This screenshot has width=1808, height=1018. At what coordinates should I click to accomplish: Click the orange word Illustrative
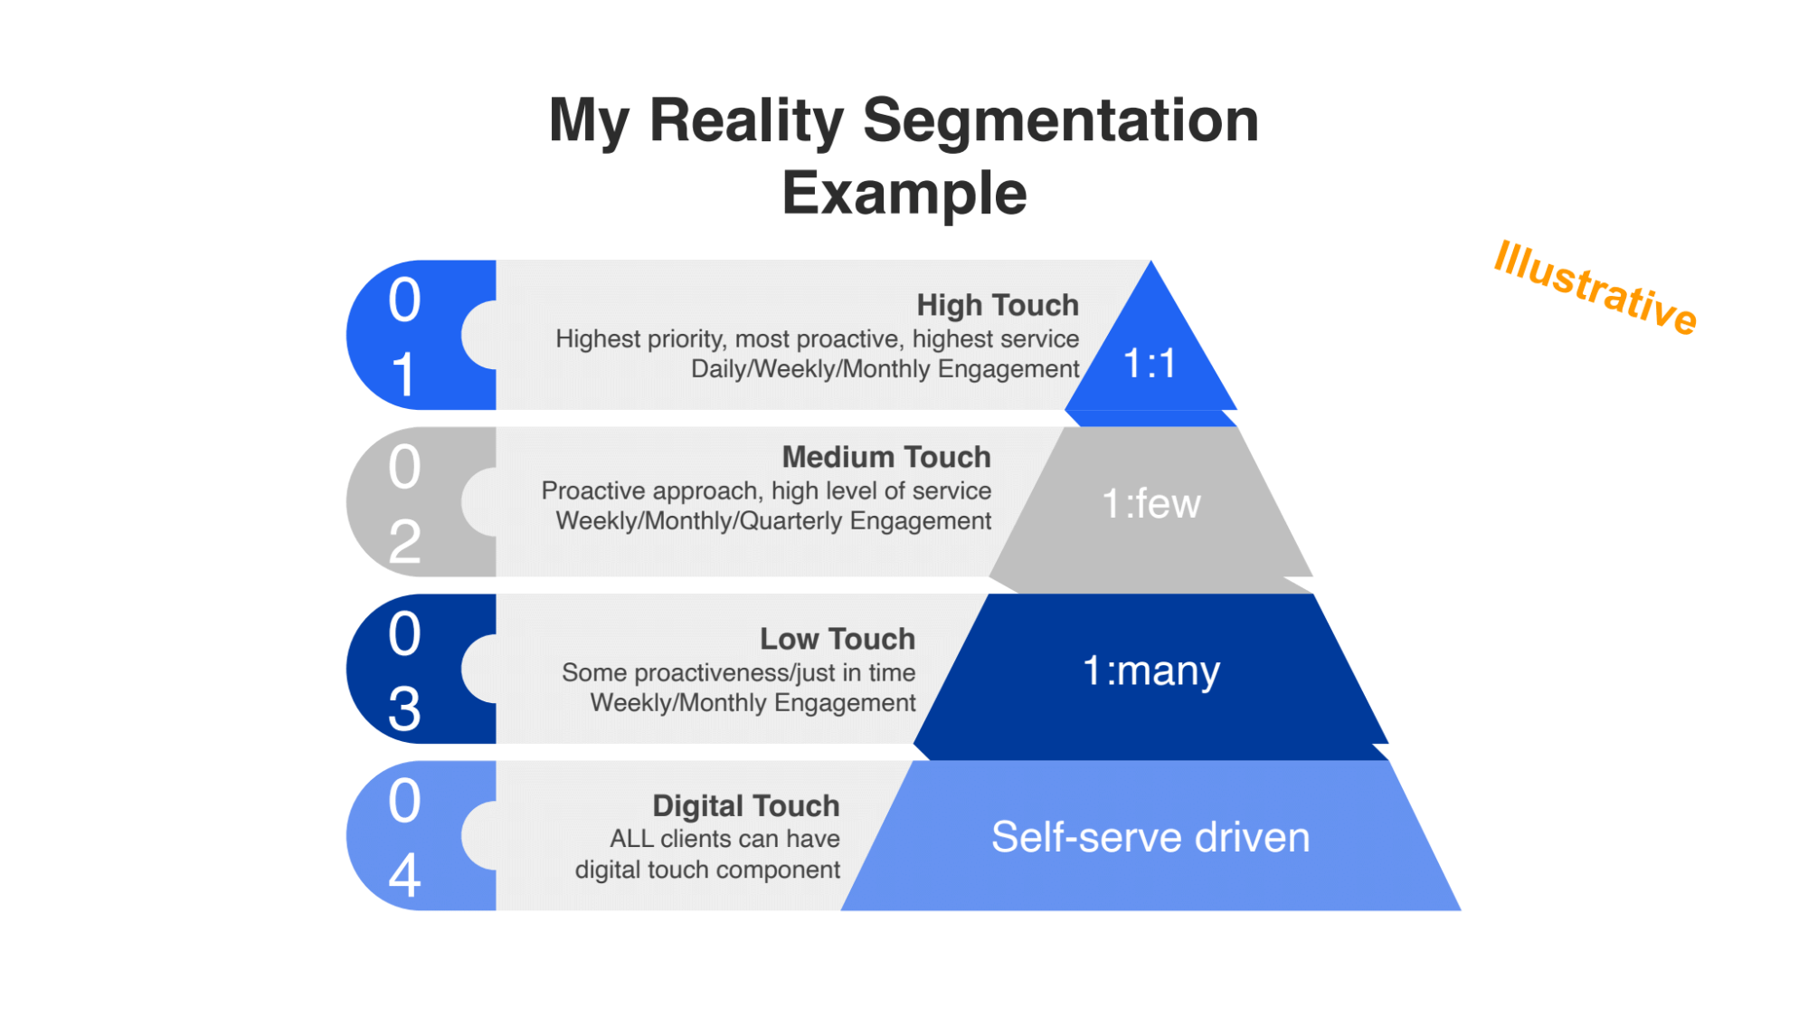pyautogui.click(x=1595, y=287)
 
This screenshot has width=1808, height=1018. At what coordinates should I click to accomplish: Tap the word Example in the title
pyautogui.click(x=904, y=193)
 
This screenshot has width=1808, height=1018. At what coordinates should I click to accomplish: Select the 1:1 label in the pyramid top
pyautogui.click(x=1150, y=364)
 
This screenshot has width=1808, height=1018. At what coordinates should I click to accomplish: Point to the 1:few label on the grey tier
pyautogui.click(x=1150, y=503)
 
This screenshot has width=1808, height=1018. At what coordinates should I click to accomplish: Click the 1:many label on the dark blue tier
pyautogui.click(x=1150, y=671)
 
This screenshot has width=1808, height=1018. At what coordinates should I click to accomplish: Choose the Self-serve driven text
pyautogui.click(x=1150, y=837)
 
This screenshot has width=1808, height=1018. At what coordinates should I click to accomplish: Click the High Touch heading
pyautogui.click(x=997, y=305)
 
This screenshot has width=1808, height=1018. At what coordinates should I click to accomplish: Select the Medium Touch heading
pyautogui.click(x=885, y=457)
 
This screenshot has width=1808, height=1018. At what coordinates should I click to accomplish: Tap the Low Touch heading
pyautogui.click(x=837, y=639)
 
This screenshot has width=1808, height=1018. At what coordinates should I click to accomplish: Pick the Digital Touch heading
pyautogui.click(x=745, y=805)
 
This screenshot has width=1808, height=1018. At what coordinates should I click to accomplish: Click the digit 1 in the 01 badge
pyautogui.click(x=404, y=374)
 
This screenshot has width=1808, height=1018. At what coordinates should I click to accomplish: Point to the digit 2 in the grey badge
pyautogui.click(x=404, y=541)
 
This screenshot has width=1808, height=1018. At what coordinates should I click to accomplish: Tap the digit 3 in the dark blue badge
pyautogui.click(x=404, y=708)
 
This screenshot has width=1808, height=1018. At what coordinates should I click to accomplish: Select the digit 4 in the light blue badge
pyautogui.click(x=404, y=875)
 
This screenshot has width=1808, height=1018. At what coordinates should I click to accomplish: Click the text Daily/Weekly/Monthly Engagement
pyautogui.click(x=885, y=369)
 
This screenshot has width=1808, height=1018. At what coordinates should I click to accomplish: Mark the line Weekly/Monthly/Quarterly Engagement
pyautogui.click(x=773, y=521)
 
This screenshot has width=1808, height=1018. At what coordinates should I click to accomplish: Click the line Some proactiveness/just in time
pyautogui.click(x=738, y=672)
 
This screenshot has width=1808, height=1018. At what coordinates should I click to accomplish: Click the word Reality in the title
pyautogui.click(x=746, y=120)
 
